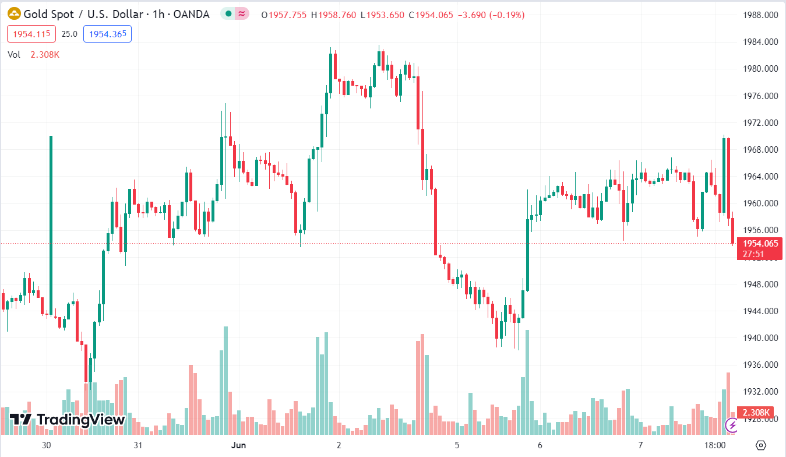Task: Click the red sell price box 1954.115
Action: [31, 34]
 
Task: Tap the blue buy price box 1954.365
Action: [107, 34]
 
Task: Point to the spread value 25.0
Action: [69, 34]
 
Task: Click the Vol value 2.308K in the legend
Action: [45, 54]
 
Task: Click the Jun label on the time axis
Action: [238, 445]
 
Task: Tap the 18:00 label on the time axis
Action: [714, 445]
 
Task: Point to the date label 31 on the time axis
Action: [138, 445]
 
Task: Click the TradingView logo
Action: [68, 419]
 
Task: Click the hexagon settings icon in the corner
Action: [760, 445]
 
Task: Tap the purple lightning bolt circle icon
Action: [732, 426]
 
